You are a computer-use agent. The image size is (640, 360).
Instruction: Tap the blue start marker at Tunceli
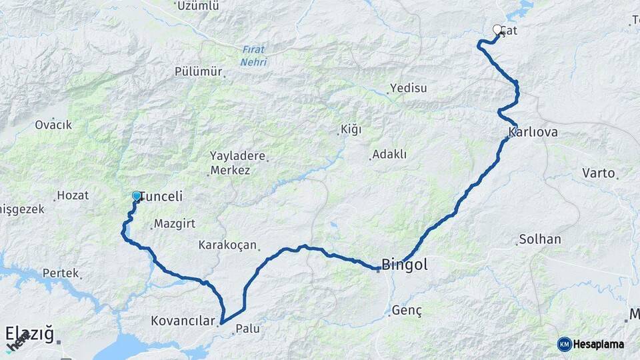[x=137, y=196]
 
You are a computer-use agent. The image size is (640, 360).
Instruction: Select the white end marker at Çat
[x=497, y=30]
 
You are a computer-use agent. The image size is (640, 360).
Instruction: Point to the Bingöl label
[x=405, y=265]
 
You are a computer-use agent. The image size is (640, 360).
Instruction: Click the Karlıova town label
[x=533, y=132]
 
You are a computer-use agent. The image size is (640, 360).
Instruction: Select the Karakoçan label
[x=227, y=245]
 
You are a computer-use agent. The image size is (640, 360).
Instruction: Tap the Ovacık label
[x=53, y=125]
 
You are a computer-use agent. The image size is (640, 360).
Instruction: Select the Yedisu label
[x=408, y=88]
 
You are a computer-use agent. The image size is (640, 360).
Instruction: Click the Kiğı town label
[x=351, y=129]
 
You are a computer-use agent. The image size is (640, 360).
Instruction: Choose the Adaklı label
[x=389, y=154]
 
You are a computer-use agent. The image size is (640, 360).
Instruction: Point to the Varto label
[x=598, y=173]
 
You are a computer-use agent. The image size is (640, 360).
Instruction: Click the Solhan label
[x=540, y=239]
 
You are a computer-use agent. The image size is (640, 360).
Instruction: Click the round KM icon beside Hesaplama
[x=565, y=344]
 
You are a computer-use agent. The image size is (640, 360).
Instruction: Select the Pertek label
[x=61, y=273]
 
